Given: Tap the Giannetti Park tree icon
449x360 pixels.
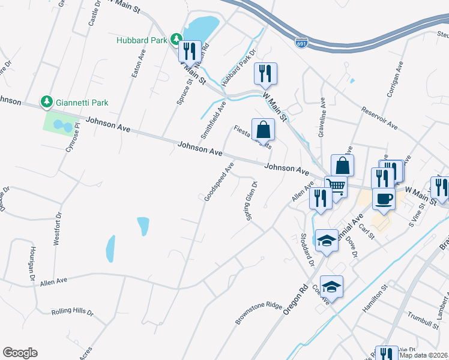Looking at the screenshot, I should (x=47, y=103).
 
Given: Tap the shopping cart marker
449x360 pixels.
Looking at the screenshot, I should (x=336, y=187).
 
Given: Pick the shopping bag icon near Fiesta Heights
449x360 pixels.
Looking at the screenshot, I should (x=263, y=129).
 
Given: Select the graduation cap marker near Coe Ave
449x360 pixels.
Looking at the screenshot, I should (x=332, y=287).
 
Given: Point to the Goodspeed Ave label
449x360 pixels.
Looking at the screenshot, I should (x=218, y=181).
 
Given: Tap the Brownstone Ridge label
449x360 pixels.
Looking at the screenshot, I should (x=258, y=313).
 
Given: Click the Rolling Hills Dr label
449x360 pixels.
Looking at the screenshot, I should (x=73, y=312).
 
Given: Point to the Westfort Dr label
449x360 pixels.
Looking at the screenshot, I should (x=58, y=229).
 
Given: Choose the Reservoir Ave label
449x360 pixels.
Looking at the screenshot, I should (x=379, y=118).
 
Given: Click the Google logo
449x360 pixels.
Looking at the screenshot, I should (x=20, y=353).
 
